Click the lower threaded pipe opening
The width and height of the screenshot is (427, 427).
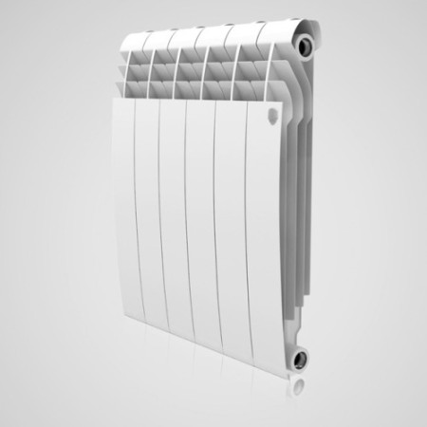302,360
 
